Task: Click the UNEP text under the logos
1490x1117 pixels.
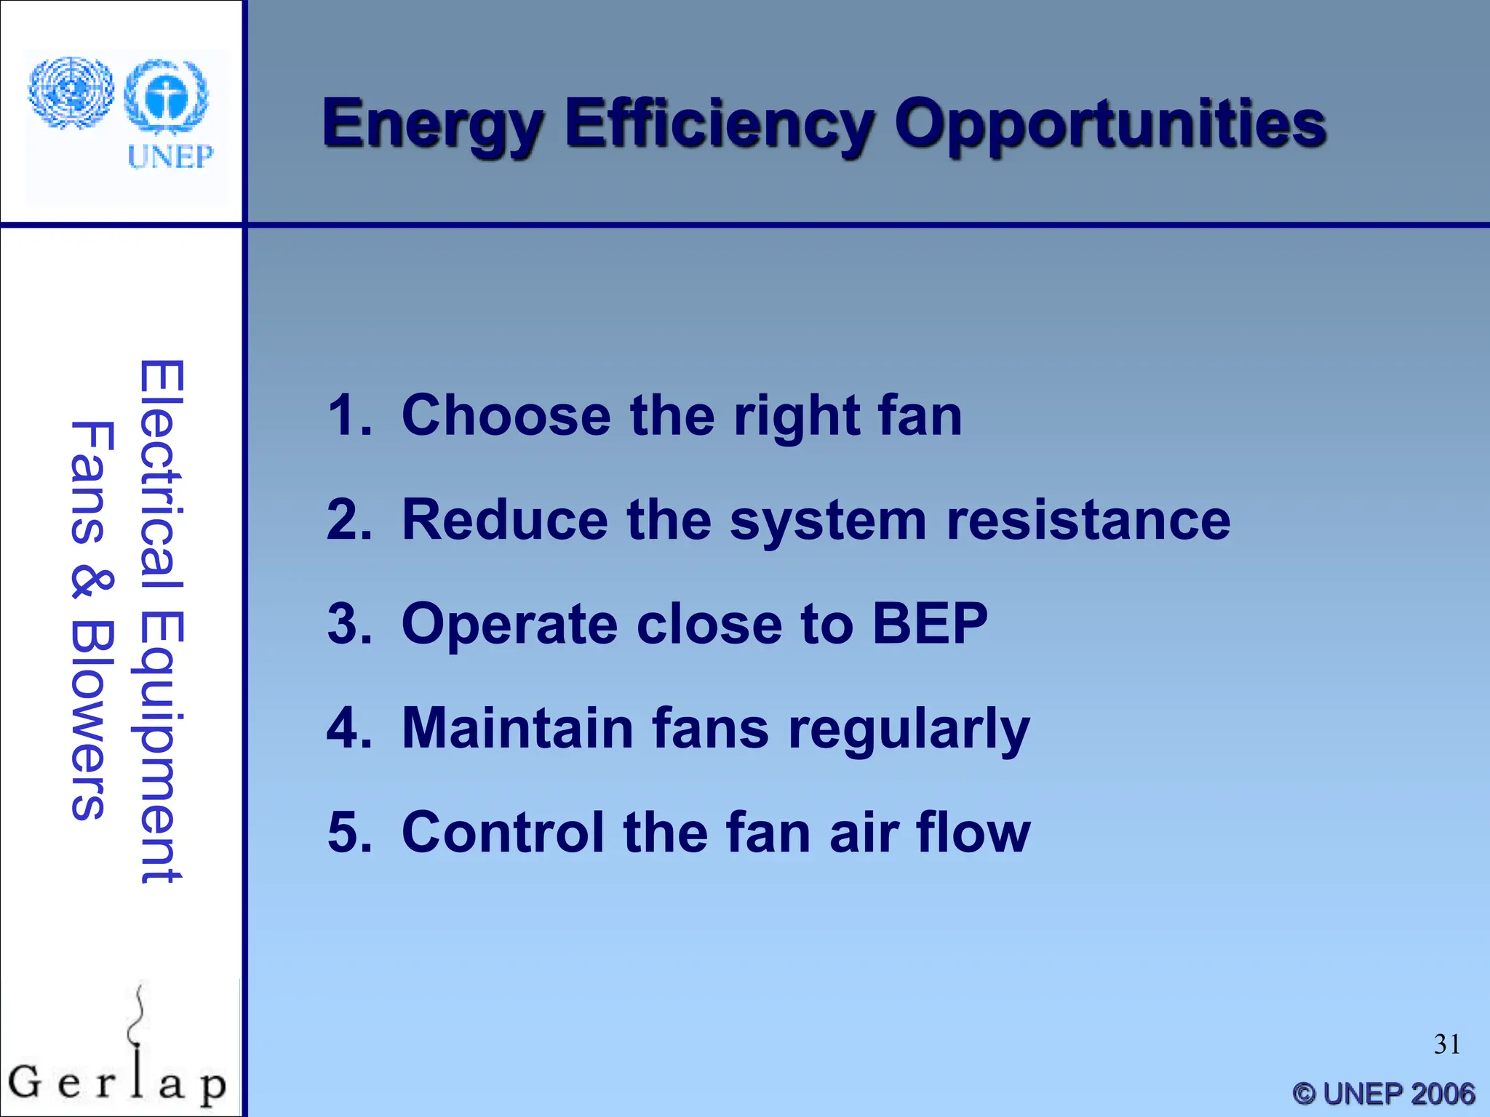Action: pyautogui.click(x=170, y=156)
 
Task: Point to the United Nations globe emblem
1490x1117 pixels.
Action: pyautogui.click(x=71, y=93)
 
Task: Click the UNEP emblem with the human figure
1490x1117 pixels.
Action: pyautogui.click(x=166, y=97)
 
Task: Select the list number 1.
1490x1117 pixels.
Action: pyautogui.click(x=348, y=415)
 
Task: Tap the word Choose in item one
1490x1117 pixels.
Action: pyautogui.click(x=506, y=415)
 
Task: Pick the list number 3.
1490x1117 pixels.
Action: pyautogui.click(x=349, y=624)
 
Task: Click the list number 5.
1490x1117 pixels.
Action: pyautogui.click(x=349, y=832)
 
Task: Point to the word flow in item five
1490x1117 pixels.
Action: pyautogui.click(x=973, y=831)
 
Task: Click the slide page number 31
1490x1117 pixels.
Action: pyautogui.click(x=1446, y=1044)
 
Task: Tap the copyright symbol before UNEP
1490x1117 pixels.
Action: pyautogui.click(x=1305, y=1094)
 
